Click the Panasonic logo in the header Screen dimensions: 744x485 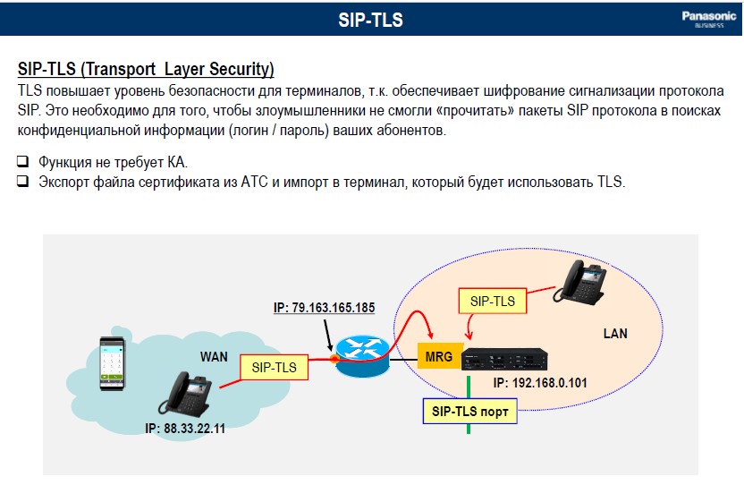click(709, 19)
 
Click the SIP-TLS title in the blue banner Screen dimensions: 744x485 click(370, 20)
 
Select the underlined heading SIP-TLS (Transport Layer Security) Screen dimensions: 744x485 click(146, 70)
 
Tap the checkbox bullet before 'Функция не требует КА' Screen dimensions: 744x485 click(22, 161)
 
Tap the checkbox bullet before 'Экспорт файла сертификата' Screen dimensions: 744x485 click(22, 181)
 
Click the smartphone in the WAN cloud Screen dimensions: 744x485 click(112, 363)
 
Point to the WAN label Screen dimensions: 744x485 click(214, 357)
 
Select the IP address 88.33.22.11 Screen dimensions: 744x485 click(185, 429)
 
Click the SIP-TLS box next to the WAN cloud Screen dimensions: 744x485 click(274, 367)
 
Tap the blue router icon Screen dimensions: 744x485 click(362, 355)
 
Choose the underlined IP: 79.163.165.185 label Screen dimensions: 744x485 click(324, 308)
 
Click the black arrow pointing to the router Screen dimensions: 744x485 click(328, 336)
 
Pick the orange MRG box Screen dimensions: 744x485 click(440, 356)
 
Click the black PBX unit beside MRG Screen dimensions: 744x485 click(504, 359)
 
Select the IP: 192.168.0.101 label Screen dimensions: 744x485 click(540, 383)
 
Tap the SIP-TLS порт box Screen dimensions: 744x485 click(469, 412)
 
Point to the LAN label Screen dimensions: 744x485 click(615, 334)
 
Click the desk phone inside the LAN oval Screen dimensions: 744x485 click(580, 282)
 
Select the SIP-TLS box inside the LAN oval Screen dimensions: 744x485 click(493, 301)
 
